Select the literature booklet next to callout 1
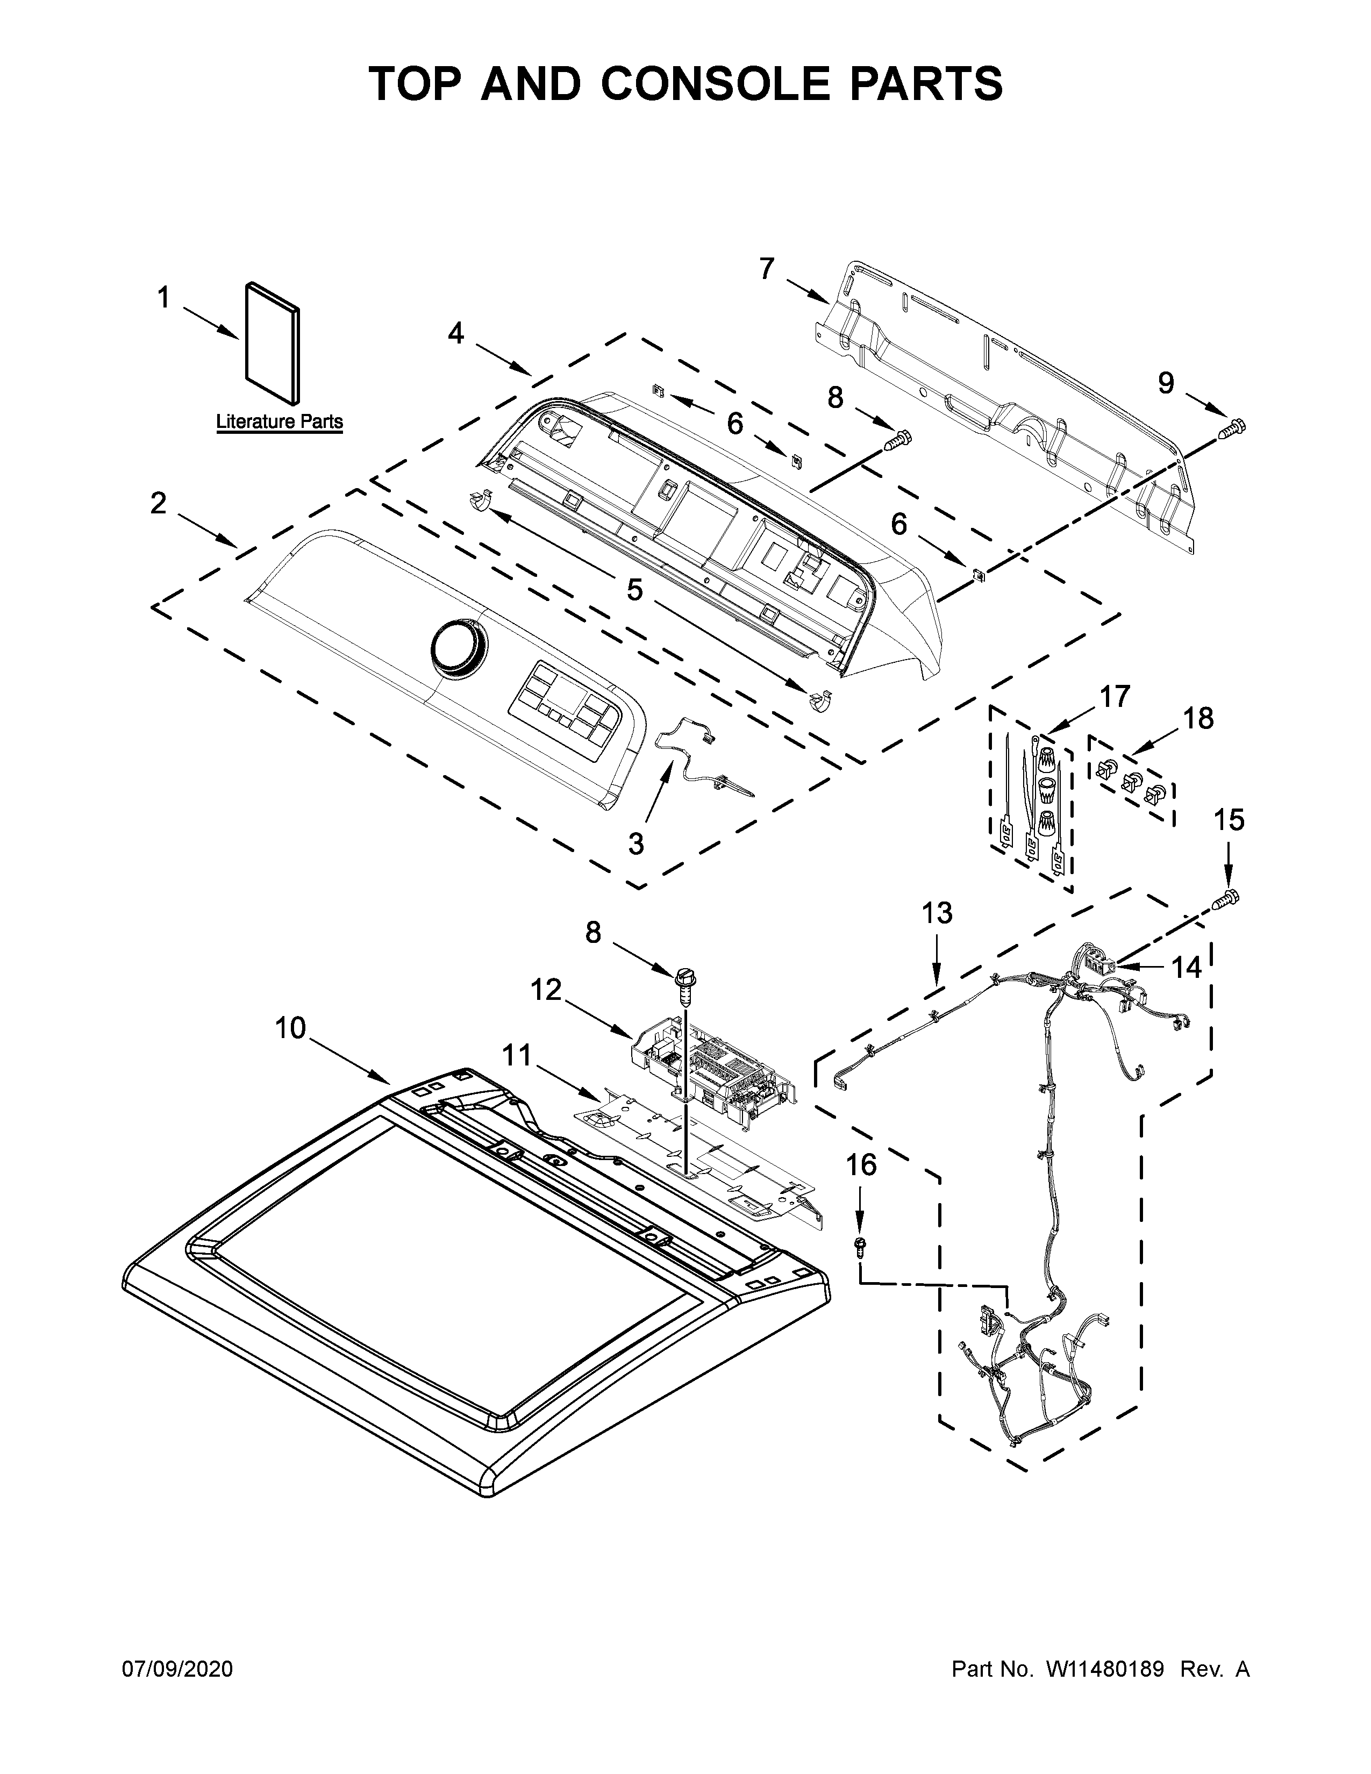point(273,343)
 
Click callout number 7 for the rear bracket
point(767,269)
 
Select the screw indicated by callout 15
point(1227,898)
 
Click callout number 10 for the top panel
point(290,1028)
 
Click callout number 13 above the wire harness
point(937,913)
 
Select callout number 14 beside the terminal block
point(1186,968)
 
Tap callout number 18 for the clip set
point(1197,718)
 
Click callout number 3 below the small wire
point(636,843)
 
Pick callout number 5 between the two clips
point(634,590)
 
